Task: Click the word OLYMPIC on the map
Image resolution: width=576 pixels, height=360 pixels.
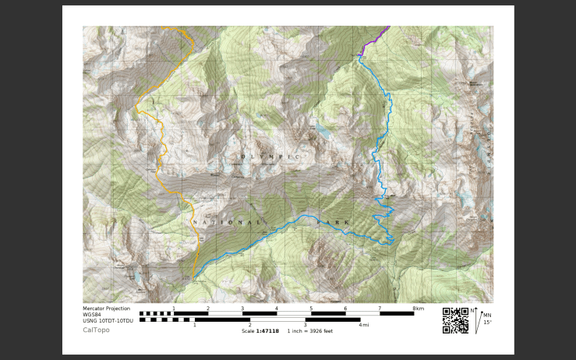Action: [x=270, y=157]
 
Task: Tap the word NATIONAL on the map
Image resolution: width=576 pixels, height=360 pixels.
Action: [x=227, y=223]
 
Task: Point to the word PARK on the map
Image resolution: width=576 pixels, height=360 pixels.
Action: [x=333, y=223]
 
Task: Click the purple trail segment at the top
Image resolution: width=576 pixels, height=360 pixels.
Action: [x=376, y=37]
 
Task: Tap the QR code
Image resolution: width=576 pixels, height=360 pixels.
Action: [x=455, y=320]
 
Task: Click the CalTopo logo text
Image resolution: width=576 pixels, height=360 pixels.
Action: [x=97, y=330]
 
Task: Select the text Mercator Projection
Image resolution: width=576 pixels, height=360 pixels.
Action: [x=107, y=309]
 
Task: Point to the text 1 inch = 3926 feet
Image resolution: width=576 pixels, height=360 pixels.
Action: [x=310, y=330]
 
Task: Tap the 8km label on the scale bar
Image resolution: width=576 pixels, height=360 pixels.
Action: [x=419, y=309]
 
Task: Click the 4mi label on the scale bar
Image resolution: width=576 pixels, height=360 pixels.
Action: [x=363, y=325]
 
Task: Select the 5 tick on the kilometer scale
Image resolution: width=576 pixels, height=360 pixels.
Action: [x=311, y=309]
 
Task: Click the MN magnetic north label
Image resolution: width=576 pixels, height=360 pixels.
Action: [x=487, y=316]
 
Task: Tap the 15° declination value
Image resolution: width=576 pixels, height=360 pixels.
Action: [x=487, y=322]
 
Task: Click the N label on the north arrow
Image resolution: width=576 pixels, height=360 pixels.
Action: [x=472, y=310]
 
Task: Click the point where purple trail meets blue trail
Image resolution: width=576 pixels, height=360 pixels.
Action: [x=361, y=55]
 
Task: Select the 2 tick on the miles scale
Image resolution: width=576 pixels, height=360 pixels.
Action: [x=249, y=325]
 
